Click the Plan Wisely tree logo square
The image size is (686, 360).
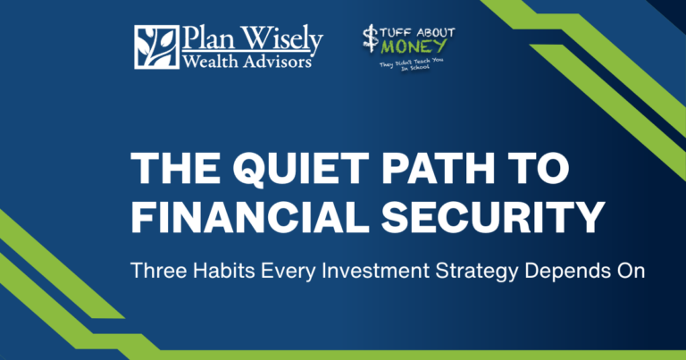click(x=156, y=46)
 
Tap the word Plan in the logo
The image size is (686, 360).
click(x=207, y=38)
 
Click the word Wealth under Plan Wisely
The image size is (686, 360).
click(x=210, y=62)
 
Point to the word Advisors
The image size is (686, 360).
click(x=277, y=62)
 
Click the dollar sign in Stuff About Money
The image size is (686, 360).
click(x=371, y=38)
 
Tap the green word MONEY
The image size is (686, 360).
click(x=414, y=46)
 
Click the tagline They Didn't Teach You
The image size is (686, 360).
click(x=411, y=63)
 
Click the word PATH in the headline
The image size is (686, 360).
click(x=438, y=169)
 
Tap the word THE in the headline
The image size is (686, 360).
click(x=175, y=169)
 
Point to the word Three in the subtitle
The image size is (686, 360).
click(x=159, y=271)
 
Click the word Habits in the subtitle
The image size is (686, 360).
click(x=224, y=271)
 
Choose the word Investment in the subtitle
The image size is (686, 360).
click(x=375, y=271)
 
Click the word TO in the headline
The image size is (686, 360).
click(x=538, y=169)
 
